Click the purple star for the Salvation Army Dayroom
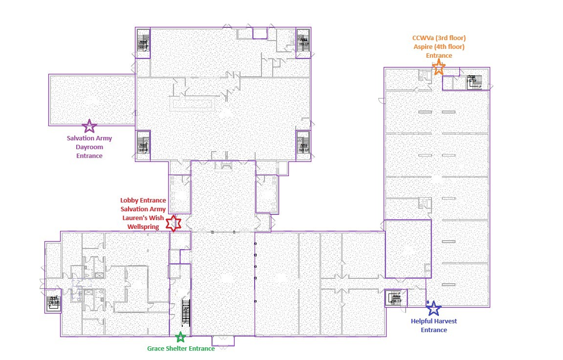[x=89, y=127]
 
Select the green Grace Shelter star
[x=180, y=337]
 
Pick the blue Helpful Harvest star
[x=433, y=308]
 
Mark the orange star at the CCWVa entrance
[x=439, y=67]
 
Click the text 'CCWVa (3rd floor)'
[x=439, y=38]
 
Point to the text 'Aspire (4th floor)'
[x=439, y=47]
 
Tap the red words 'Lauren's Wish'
[x=143, y=218]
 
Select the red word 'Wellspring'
[x=143, y=227]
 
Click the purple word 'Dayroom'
[x=89, y=147]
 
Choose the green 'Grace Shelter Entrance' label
[x=181, y=349]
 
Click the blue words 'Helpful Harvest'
[x=434, y=321]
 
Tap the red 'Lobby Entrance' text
[x=143, y=201]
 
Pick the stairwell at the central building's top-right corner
[x=303, y=43]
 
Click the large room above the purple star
[x=92, y=99]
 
